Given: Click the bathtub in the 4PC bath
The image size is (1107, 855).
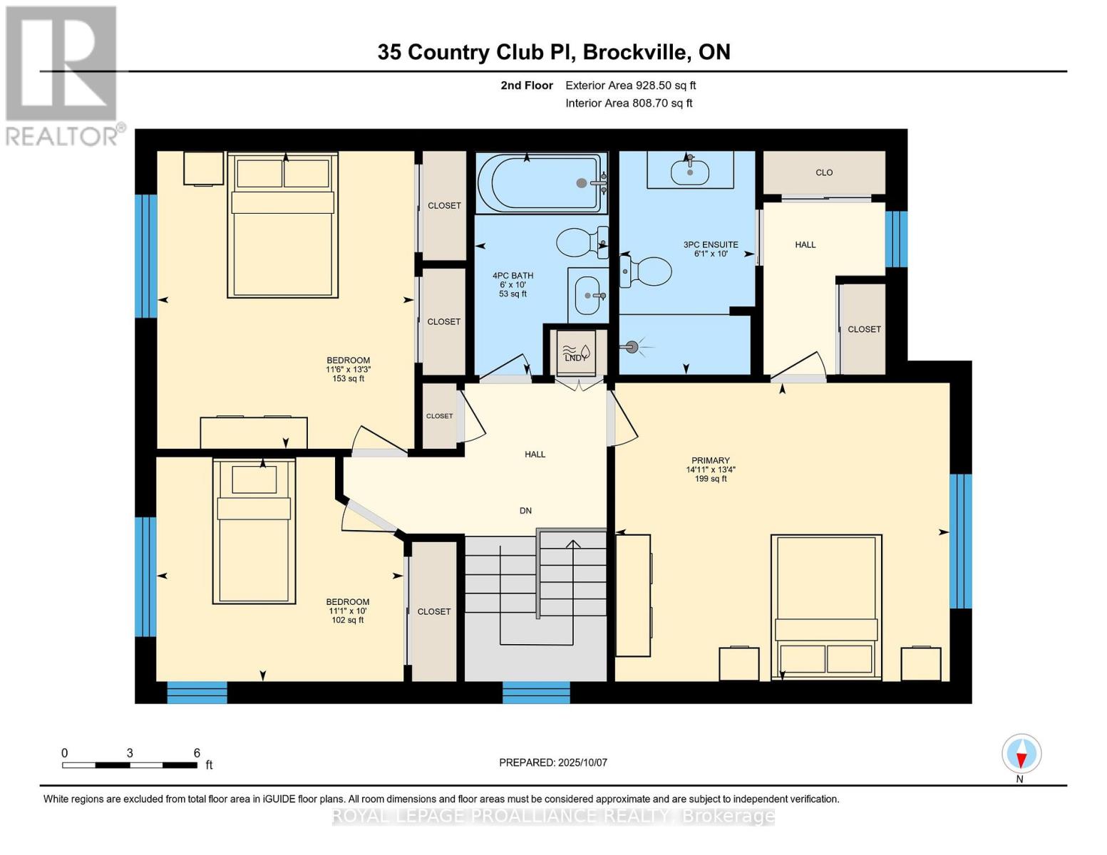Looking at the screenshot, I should coord(542,183).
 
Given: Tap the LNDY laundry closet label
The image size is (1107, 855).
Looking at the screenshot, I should coord(575,357).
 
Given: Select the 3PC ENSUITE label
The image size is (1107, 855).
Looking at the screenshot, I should coord(710,249).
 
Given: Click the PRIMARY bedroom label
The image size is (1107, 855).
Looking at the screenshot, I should coord(710,469).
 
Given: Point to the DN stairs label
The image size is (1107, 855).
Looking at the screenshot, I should coord(525,511).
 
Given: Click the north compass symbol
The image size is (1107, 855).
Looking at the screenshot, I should coord(1021,754).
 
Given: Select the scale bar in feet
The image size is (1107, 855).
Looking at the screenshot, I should coord(130,765).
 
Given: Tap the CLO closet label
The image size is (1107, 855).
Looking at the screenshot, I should coord(824,172).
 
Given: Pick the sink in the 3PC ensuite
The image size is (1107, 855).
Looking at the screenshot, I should coord(689,172).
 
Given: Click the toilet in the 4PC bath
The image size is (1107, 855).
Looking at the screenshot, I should coord(582,242).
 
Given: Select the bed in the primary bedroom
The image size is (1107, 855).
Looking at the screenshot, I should coord(826,605).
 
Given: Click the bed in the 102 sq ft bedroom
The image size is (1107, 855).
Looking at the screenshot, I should coord(254,531).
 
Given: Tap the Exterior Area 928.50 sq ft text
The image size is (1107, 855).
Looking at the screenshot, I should coord(630,85).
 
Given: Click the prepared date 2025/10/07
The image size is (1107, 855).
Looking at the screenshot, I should coord(552,762).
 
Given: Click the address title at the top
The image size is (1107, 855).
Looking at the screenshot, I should coord(553,52).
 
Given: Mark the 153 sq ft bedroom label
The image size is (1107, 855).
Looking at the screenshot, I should coord(348,369).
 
